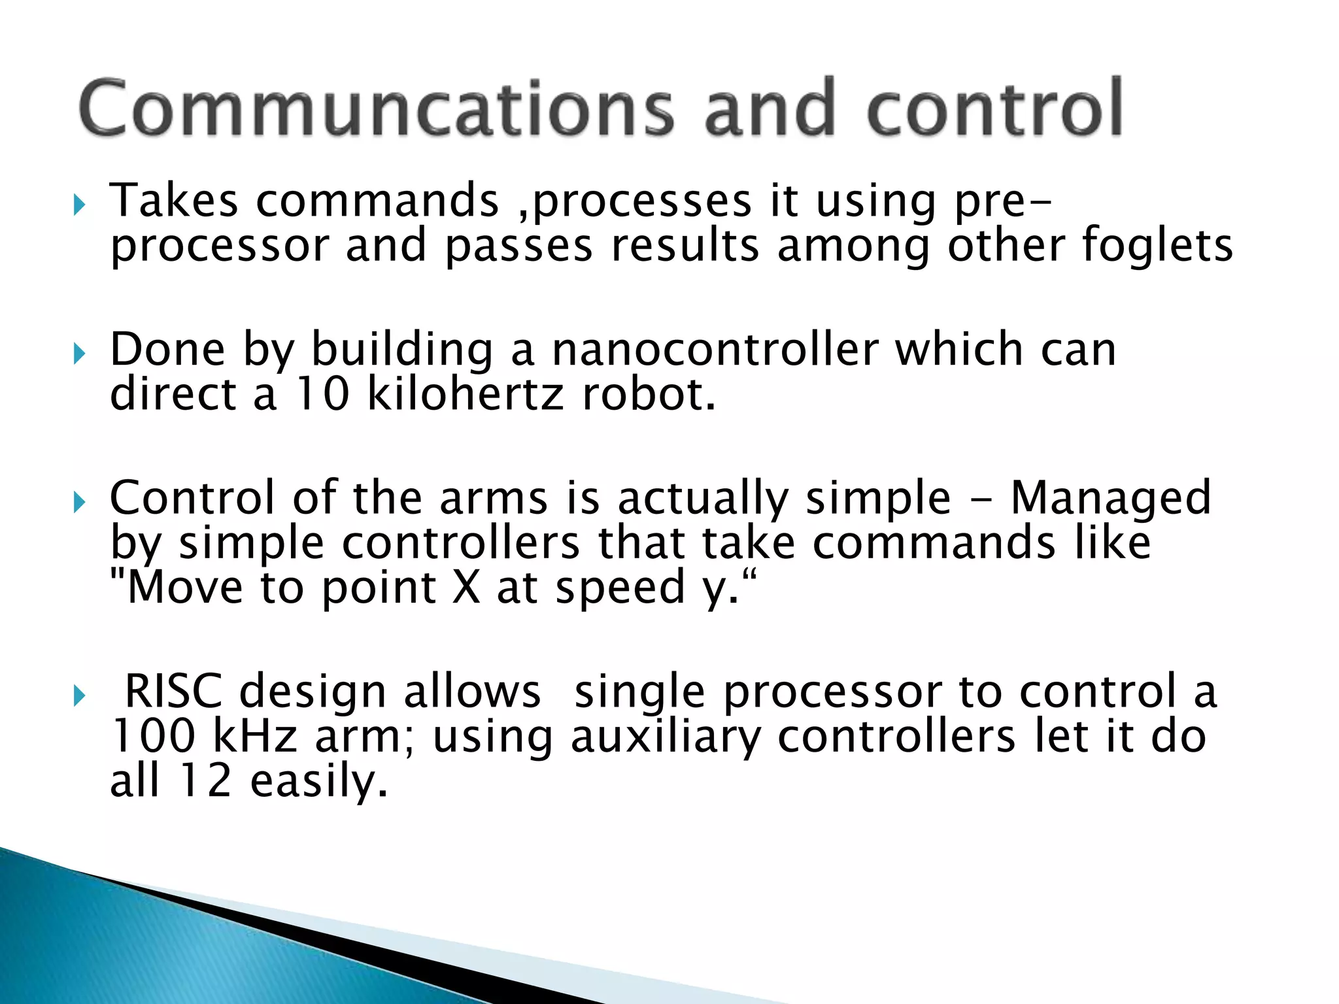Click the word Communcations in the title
pyautogui.click(x=376, y=108)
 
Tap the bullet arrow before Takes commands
pyautogui.click(x=80, y=207)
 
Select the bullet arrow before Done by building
pyautogui.click(x=80, y=355)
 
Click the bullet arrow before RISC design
pyautogui.click(x=80, y=697)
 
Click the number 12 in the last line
pyautogui.click(x=205, y=781)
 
